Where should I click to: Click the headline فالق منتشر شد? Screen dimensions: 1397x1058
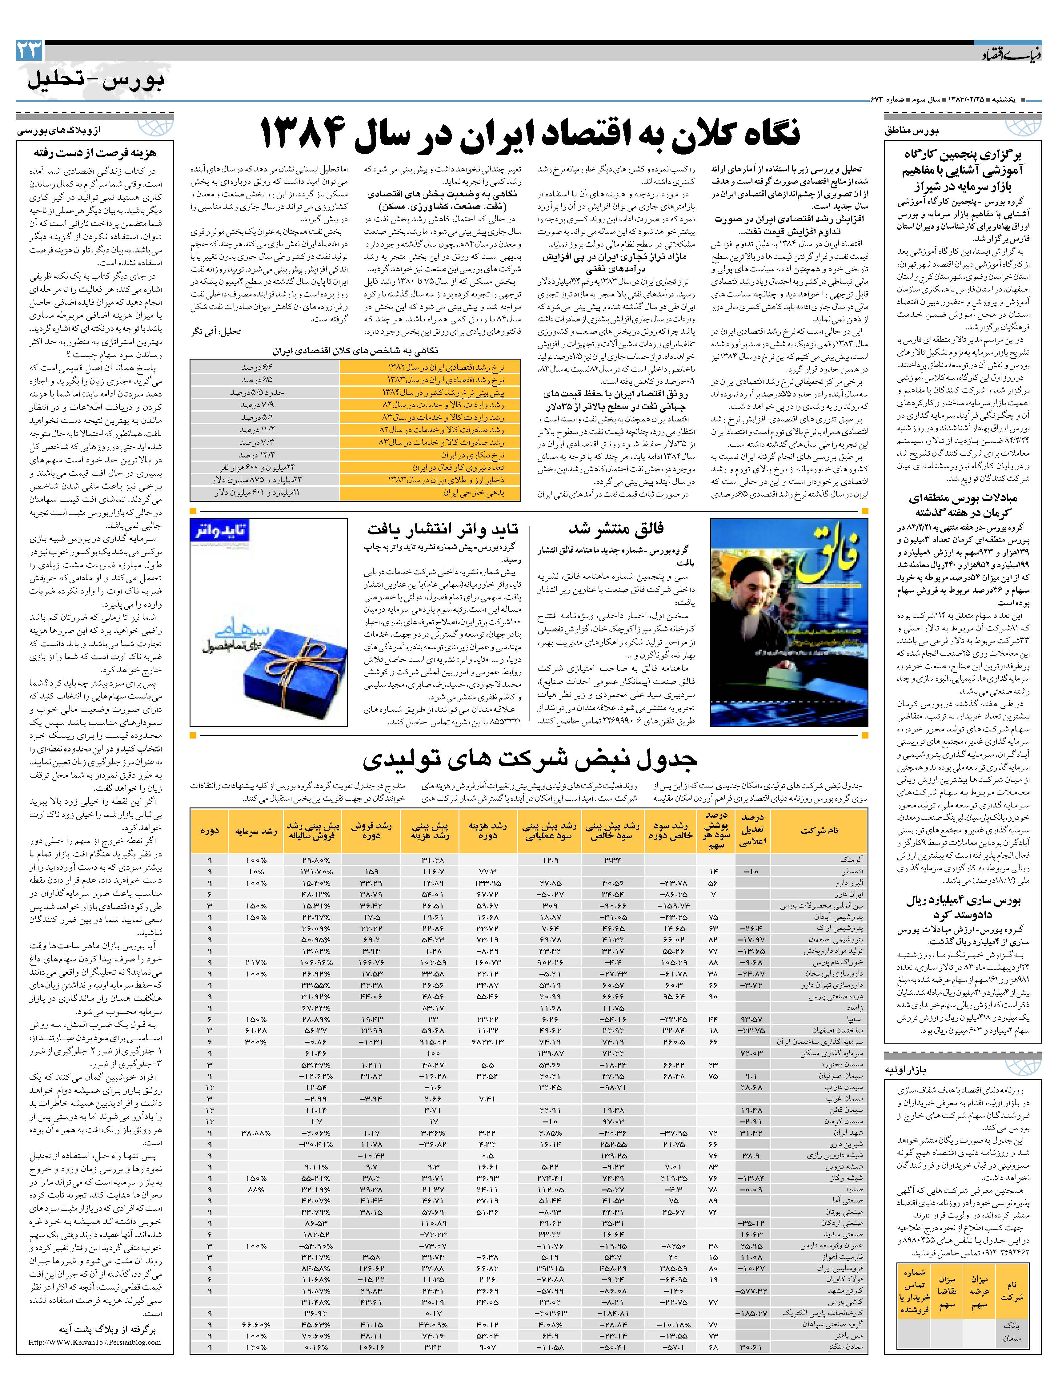[615, 528]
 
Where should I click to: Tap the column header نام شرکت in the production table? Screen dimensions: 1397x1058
[819, 831]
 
